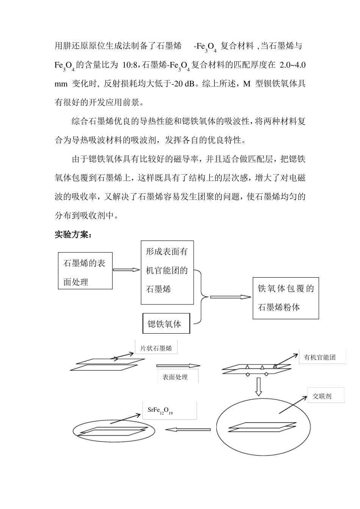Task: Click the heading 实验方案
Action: point(73,235)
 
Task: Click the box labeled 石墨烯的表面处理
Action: point(85,271)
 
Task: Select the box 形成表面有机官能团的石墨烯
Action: point(167,272)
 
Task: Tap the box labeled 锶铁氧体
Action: point(166,323)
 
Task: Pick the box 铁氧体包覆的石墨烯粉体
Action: point(286,298)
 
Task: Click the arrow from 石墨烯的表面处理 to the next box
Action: point(127,270)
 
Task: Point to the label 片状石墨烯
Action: point(156,348)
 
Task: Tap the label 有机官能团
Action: point(320,357)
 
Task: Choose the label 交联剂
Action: point(322,397)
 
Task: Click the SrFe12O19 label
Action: point(160,411)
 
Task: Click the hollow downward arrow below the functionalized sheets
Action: point(259,386)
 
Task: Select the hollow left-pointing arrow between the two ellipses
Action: point(188,429)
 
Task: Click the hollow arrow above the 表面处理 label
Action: point(178,365)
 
